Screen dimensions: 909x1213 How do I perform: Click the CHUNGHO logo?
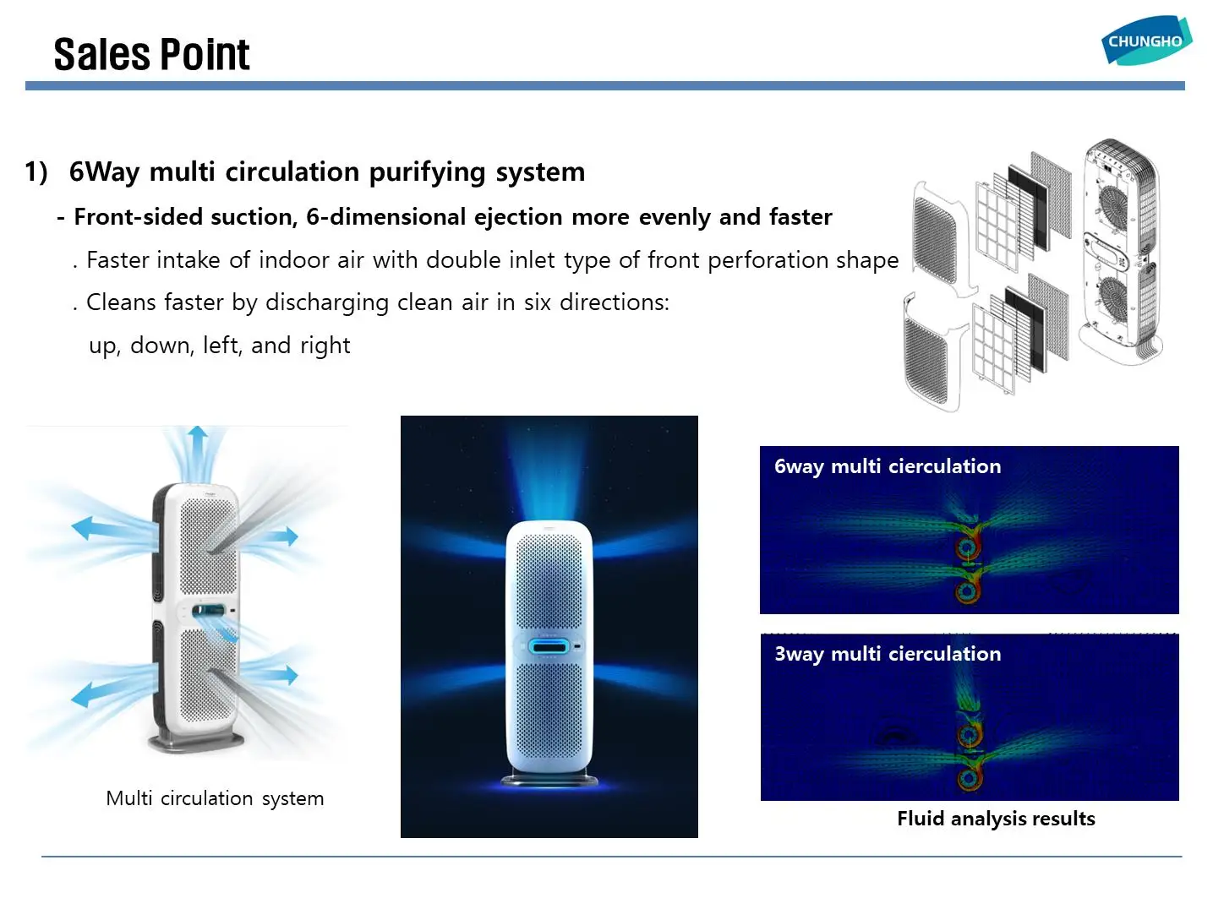tap(1145, 41)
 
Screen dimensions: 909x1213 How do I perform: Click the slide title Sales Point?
tap(151, 55)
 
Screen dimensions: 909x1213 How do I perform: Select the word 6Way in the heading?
tap(104, 171)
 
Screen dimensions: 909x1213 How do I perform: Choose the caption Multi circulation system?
tap(215, 798)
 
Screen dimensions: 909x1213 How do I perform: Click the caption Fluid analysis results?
tap(996, 819)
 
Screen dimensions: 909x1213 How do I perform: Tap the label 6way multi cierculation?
tap(888, 466)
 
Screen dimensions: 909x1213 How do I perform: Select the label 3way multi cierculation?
tap(888, 654)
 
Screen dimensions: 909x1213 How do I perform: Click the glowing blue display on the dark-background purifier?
tap(549, 647)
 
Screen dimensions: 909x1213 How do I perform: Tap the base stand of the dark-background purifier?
tap(549, 778)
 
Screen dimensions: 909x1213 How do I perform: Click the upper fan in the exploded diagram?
tap(1112, 204)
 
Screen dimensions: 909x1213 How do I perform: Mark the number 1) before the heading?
tap(36, 171)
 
